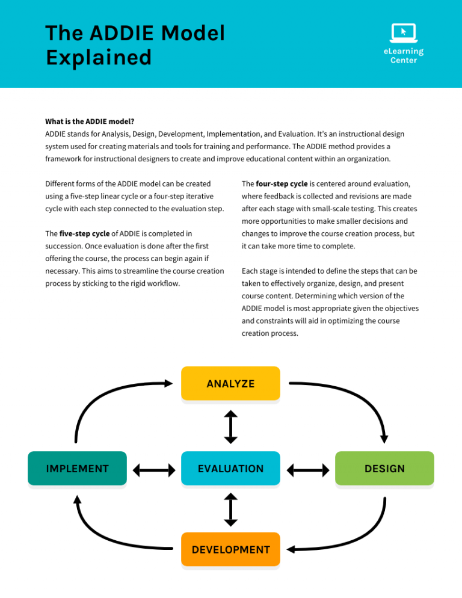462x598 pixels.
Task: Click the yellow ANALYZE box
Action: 230,383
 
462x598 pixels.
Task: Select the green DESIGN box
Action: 384,468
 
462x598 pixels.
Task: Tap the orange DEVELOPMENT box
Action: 230,549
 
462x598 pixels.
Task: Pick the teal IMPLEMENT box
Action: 77,468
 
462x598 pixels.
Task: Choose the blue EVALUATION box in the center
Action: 230,468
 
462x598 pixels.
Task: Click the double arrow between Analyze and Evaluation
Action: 230,427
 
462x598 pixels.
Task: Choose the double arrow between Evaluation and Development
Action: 230,509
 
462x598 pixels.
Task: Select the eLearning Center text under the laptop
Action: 403,56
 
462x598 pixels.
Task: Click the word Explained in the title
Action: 99,58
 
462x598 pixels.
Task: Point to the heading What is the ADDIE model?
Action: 90,121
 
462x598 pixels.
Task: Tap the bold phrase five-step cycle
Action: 84,233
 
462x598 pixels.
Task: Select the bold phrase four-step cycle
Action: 282,183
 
